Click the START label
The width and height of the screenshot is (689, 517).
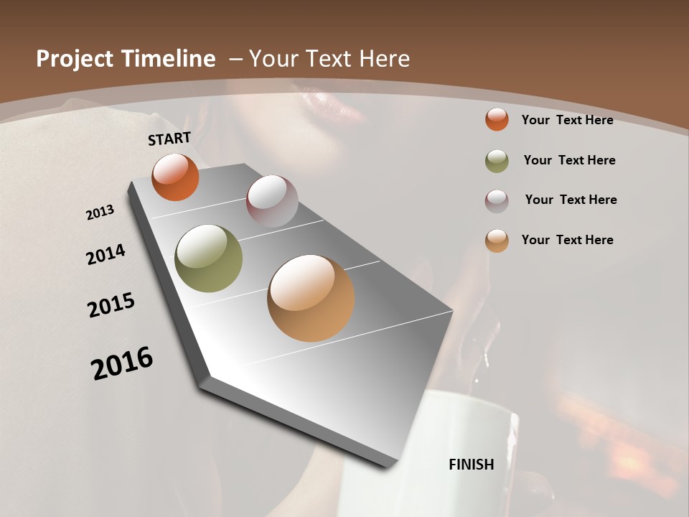coord(169,139)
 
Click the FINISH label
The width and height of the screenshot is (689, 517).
coord(472,464)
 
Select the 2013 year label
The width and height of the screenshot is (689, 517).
coord(100,213)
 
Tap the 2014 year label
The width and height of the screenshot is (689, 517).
coord(106,254)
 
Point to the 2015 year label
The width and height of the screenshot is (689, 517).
coord(111,305)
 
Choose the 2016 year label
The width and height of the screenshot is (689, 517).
coord(122,363)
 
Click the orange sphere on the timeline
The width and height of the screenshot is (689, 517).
coord(175,177)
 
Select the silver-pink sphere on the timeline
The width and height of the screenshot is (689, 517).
coord(272,201)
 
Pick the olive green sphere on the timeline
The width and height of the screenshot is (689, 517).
coord(208,258)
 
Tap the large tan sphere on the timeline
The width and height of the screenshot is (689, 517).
coord(311,298)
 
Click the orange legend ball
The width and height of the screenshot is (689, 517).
coord(497,119)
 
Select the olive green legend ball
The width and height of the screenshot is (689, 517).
coord(497,161)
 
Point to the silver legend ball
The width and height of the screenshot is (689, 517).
coord(497,200)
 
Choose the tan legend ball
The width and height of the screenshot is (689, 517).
coord(497,240)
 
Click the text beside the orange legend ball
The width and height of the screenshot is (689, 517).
coord(567,120)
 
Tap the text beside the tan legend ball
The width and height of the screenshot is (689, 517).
coord(567,240)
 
